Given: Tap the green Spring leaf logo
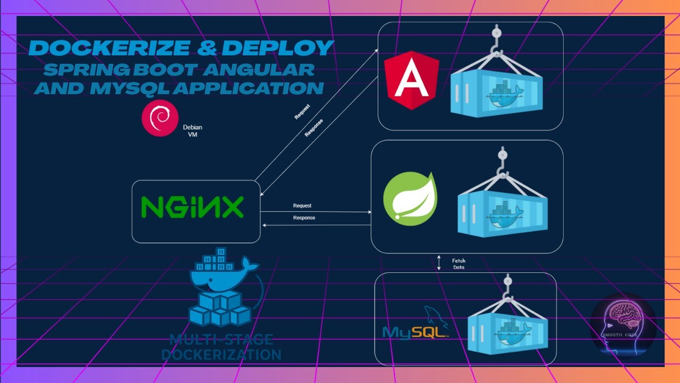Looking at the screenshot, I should pos(410,197).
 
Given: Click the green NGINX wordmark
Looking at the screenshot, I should pos(192,207).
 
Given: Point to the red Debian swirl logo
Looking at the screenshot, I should pos(159,117).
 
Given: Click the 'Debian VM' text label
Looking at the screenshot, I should pos(193,131).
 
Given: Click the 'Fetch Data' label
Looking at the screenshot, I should pos(458,264).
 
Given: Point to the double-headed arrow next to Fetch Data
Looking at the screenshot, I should pos(439,263).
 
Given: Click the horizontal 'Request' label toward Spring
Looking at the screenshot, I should pos(302,205).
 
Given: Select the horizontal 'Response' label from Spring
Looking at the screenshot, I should pos(304,218).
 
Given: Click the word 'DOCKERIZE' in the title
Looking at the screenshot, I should pos(109,48).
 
